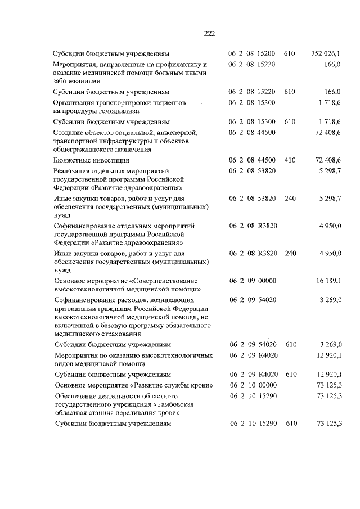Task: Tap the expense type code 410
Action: click(290, 160)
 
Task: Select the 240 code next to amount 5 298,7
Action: click(290, 199)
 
